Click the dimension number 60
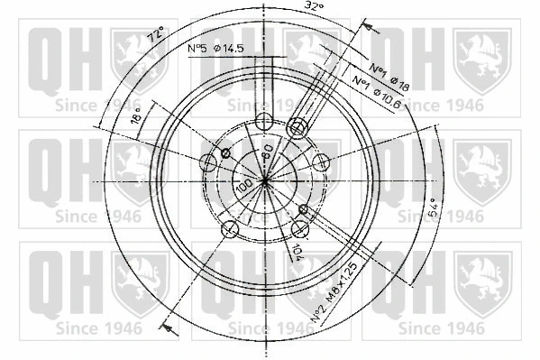[x=268, y=149]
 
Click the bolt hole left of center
[x=209, y=162]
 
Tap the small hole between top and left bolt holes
[x=225, y=150]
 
